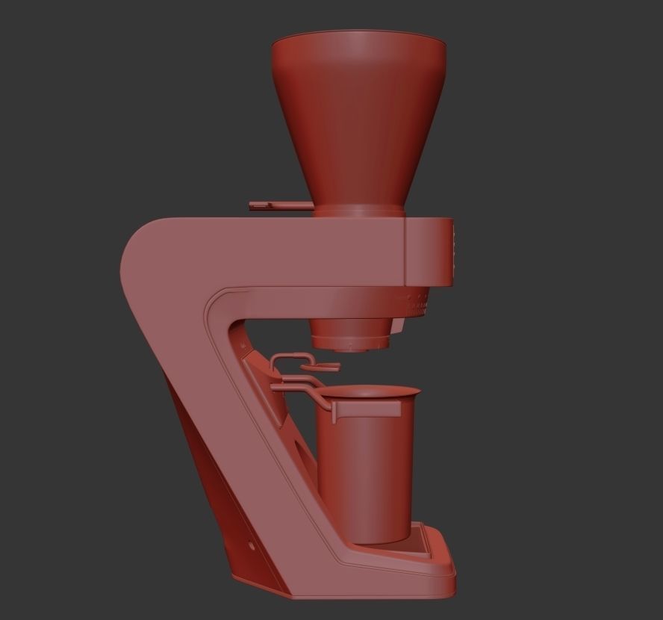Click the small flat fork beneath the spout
pyautogui.click(x=323, y=366)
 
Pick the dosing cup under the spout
pyautogui.click(x=366, y=471)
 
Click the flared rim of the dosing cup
pyautogui.click(x=370, y=391)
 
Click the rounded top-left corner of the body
pyautogui.click(x=142, y=239)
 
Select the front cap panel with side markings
pyautogui.click(x=429, y=252)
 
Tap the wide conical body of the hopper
pyautogui.click(x=358, y=120)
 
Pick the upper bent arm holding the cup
pyautogui.click(x=295, y=387)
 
